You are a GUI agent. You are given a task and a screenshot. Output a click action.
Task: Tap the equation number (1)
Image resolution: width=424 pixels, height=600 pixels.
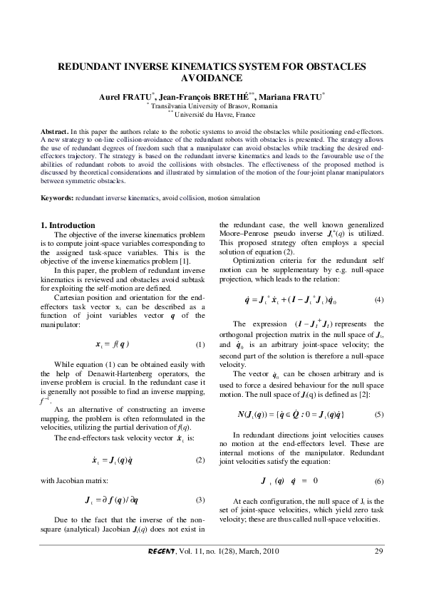(200, 344)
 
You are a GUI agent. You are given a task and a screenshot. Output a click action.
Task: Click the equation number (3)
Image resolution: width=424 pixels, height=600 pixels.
(200, 500)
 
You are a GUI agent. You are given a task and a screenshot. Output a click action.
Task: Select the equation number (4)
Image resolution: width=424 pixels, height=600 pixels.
(379, 298)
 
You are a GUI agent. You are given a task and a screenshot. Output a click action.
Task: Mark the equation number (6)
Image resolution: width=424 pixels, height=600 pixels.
(379, 482)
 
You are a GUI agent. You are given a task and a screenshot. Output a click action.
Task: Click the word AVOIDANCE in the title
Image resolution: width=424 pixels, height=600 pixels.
(212, 78)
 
